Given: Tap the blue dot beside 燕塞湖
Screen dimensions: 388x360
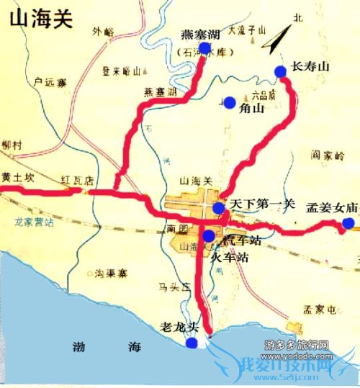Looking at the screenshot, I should pyautogui.click(x=204, y=48).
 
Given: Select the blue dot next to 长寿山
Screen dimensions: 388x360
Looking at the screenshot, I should pyautogui.click(x=279, y=71).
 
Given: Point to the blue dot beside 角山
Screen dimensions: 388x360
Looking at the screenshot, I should pyautogui.click(x=230, y=103).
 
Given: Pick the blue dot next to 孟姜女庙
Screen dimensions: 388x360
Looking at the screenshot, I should pyautogui.click(x=348, y=224).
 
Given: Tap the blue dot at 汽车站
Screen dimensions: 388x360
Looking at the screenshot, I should pyautogui.click(x=208, y=235).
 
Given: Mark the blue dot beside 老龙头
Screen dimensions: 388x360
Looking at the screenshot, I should pyautogui.click(x=191, y=343).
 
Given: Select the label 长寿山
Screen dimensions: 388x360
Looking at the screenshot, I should pyautogui.click(x=310, y=67).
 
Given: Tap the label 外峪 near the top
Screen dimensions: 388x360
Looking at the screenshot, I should pyautogui.click(x=103, y=31).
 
